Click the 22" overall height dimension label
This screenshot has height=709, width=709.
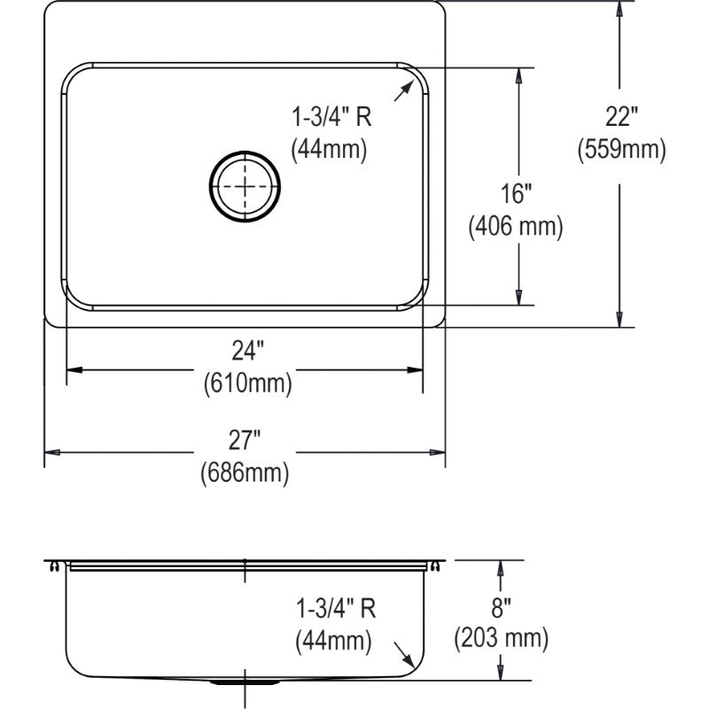pyautogui.click(x=622, y=117)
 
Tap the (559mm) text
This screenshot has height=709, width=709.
pyautogui.click(x=622, y=149)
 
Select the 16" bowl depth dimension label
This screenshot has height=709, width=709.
pyautogui.click(x=517, y=193)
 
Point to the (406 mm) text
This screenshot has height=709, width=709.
pyautogui.click(x=516, y=226)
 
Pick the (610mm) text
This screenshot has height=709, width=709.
pyautogui.click(x=248, y=384)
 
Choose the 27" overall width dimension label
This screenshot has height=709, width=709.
pyautogui.click(x=245, y=440)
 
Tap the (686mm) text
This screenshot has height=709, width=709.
pyautogui.click(x=245, y=472)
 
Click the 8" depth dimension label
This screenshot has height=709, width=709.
pyautogui.click(x=501, y=607)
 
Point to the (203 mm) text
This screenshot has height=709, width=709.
pyautogui.click(x=501, y=638)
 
